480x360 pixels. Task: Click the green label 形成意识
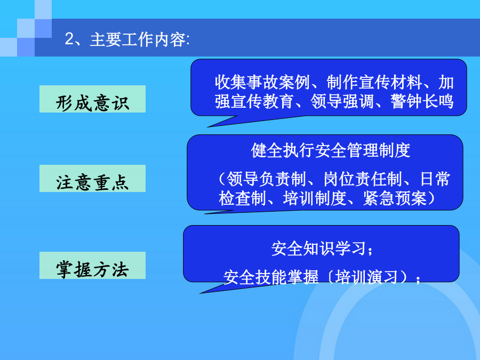[x=92, y=99]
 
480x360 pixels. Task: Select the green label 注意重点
[x=92, y=179]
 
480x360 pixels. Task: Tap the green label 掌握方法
[x=92, y=266]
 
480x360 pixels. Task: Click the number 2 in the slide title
[x=69, y=39]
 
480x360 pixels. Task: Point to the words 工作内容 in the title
[x=154, y=40]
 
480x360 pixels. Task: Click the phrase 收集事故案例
[x=262, y=82]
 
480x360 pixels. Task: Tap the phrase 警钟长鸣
[x=422, y=101]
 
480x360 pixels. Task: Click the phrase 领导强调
[x=342, y=101]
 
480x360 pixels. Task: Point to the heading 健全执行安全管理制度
[x=331, y=150]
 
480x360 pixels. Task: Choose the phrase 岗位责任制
[x=363, y=179]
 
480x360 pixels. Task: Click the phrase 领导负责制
[x=266, y=179]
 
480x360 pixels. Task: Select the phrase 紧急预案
[x=395, y=198]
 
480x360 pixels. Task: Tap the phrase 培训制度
[x=315, y=198]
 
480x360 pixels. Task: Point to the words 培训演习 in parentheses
[x=367, y=277]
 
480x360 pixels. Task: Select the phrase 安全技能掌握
[x=271, y=277]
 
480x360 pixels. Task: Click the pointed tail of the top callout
[x=208, y=127]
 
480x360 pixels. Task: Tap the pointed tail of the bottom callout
[x=201, y=293]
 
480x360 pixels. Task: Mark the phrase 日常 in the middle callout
[x=435, y=179]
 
